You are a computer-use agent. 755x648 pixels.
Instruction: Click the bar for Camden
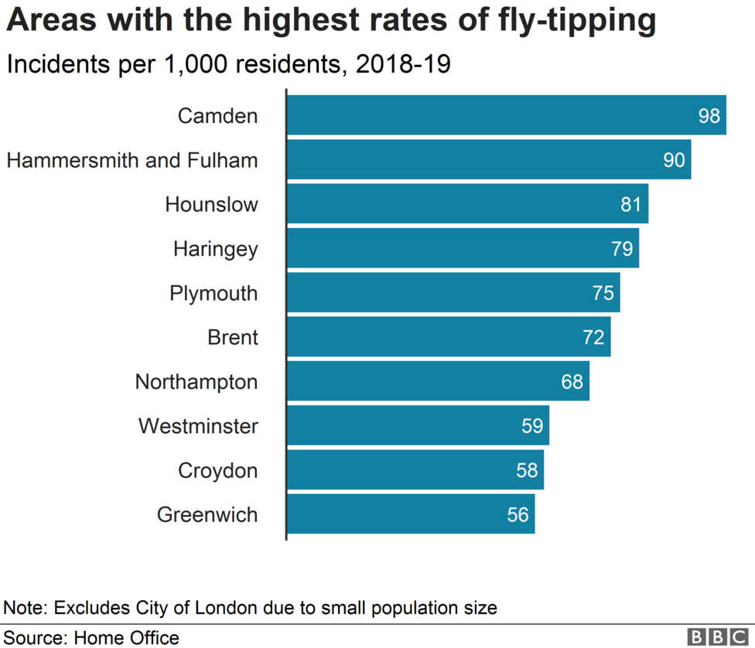coord(506,115)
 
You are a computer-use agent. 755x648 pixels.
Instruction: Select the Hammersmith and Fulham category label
coord(132,160)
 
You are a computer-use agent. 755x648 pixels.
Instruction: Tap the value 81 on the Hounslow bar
coord(631,204)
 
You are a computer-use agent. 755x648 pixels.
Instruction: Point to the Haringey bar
coord(463,248)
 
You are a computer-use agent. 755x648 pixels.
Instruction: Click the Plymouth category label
coord(214,293)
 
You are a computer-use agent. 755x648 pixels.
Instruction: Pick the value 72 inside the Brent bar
coord(593,337)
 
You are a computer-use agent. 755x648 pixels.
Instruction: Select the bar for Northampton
coord(438,381)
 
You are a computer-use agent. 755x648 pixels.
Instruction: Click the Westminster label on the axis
coord(198,426)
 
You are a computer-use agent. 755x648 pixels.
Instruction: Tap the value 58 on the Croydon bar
coord(527,470)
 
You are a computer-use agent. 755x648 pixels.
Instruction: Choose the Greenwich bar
coord(411,514)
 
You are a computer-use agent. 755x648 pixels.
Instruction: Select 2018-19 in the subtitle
coord(402,64)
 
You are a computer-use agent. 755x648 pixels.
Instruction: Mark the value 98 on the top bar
coord(709,116)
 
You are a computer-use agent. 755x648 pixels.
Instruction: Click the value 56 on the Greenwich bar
coord(518,515)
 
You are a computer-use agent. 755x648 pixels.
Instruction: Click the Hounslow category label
coord(211,204)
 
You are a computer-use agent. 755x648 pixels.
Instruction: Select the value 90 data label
coord(674,160)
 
